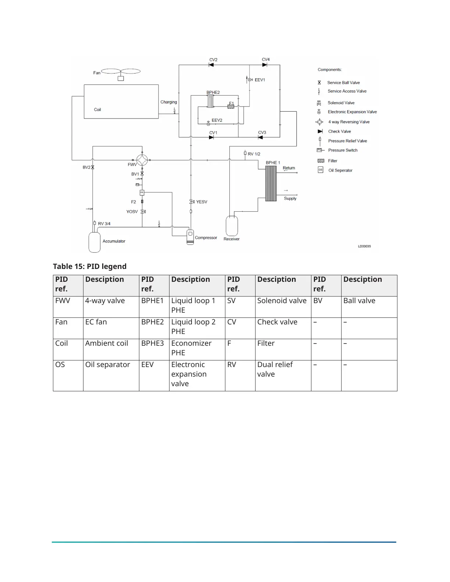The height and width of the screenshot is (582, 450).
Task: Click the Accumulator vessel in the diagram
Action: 94,242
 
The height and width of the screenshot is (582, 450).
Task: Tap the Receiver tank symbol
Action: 232,226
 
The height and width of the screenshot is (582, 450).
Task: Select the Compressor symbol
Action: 190,237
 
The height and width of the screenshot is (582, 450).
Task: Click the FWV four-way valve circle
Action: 142,160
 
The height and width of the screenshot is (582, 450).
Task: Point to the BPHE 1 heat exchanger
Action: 271,183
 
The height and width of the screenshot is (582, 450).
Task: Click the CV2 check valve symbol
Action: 211,65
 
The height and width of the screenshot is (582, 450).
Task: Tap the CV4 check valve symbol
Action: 265,65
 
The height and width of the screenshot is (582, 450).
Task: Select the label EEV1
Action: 260,80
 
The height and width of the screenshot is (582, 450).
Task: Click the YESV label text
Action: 201,202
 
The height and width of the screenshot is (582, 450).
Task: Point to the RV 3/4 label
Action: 104,223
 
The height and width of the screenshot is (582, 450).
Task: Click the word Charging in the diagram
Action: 169,102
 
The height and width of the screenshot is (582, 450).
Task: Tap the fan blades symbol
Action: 121,72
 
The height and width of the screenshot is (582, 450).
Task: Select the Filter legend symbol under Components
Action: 321,161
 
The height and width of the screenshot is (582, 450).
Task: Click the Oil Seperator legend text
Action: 340,170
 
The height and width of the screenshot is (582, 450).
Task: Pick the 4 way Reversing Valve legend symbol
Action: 319,122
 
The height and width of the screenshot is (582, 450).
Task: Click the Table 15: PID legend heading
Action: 90,266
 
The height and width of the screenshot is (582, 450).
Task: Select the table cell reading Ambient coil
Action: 107,343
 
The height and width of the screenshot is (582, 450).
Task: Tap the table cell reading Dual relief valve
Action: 275,369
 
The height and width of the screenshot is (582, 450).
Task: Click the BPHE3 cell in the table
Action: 153,343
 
